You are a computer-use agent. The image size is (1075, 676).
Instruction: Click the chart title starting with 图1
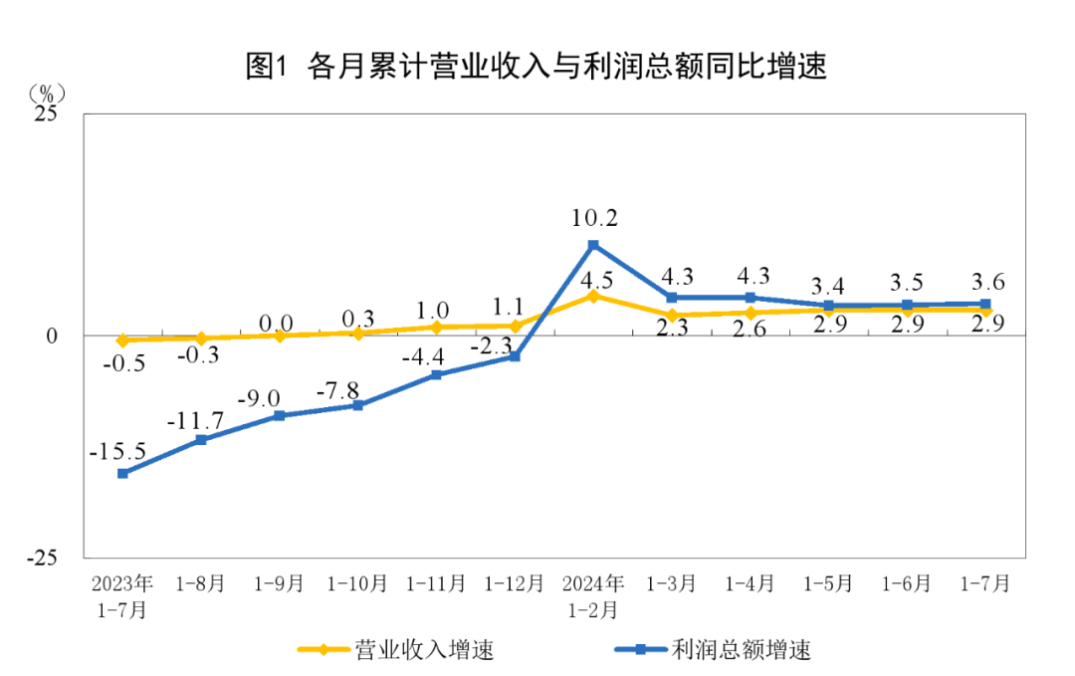point(537,67)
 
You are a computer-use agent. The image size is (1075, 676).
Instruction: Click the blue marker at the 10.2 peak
point(593,245)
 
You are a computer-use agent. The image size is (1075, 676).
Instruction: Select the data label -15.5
point(117,451)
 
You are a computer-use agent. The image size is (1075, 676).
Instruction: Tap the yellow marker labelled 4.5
point(593,296)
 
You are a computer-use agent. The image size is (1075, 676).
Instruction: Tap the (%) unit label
point(47,93)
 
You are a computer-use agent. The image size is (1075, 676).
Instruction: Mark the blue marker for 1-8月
point(201,439)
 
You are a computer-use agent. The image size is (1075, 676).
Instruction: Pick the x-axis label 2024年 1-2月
point(593,595)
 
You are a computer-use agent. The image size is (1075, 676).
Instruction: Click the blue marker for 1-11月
point(436,374)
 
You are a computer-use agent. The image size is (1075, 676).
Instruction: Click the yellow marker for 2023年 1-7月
point(122,340)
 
